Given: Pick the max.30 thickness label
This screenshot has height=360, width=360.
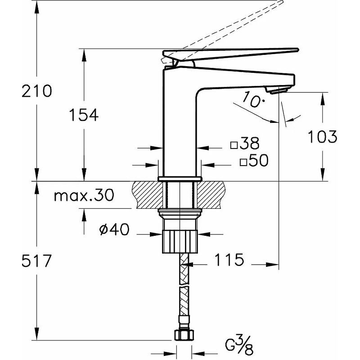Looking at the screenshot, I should point(84,196).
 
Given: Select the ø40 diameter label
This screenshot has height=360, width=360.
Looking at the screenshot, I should point(114,230).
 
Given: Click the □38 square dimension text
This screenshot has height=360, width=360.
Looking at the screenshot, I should point(245,144).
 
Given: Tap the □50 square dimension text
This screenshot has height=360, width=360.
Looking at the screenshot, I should point(254,161).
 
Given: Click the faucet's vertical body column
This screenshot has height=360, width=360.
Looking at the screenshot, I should point(179,130).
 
